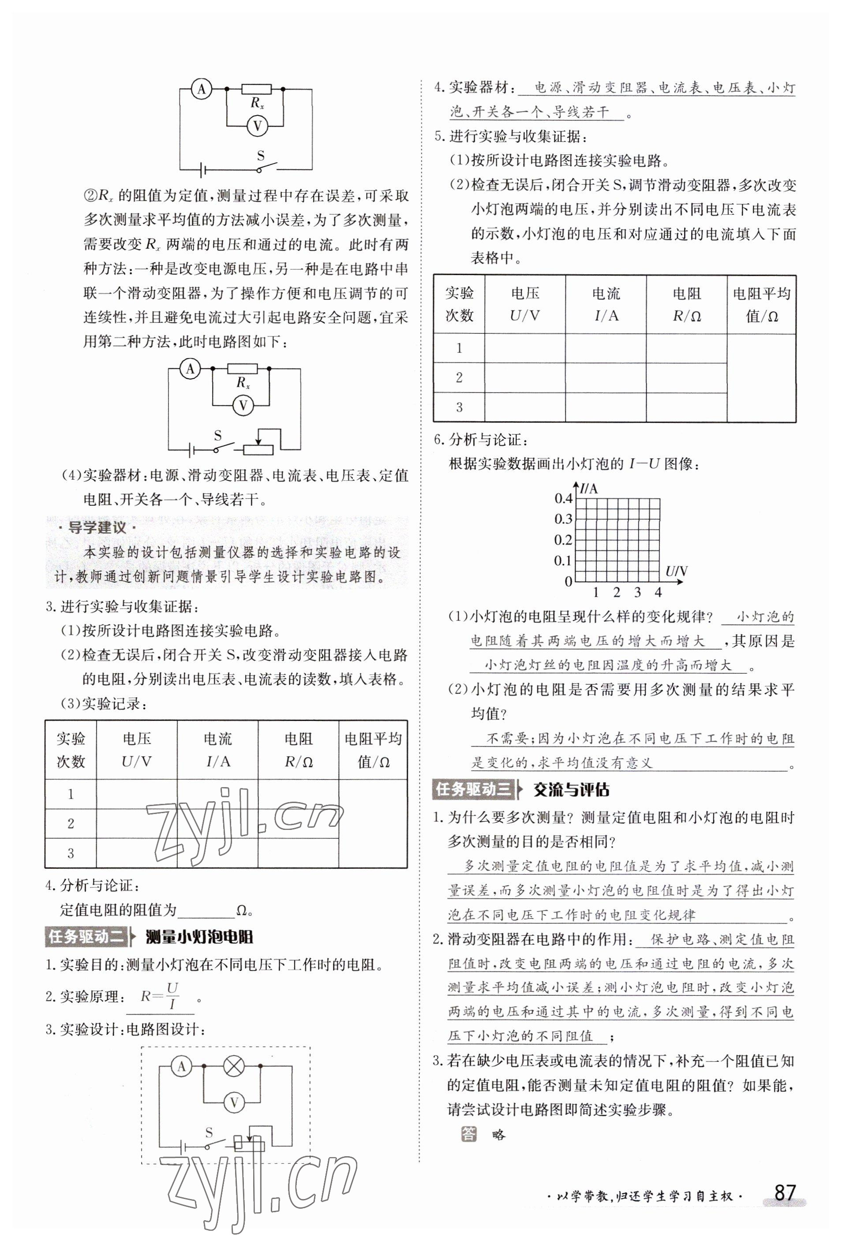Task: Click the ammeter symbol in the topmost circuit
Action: point(201,89)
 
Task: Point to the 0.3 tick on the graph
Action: point(564,519)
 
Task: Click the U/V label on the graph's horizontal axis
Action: point(676,572)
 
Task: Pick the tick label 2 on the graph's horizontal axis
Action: point(616,592)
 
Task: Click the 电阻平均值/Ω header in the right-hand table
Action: point(761,305)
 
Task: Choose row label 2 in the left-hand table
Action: point(71,823)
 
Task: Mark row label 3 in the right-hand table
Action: point(459,407)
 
